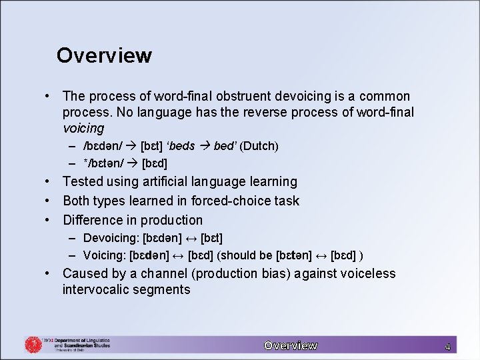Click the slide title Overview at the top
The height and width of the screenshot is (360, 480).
[104, 55]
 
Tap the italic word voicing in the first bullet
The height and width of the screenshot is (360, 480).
[83, 128]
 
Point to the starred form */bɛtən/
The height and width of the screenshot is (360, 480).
[107, 163]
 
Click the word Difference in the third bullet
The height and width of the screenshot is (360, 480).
[92, 220]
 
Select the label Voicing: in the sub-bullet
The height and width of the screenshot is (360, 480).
[105, 255]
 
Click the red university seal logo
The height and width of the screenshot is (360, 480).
[33, 345]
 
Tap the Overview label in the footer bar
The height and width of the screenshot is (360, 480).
[290, 345]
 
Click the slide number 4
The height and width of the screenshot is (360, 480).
[447, 347]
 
